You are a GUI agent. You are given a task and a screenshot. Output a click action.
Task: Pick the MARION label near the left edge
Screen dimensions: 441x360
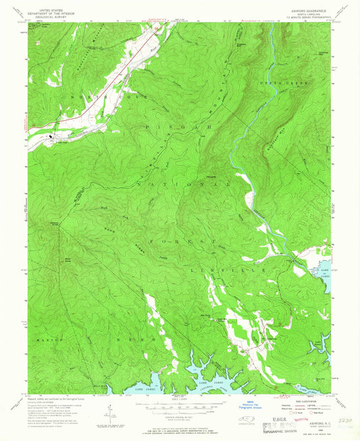point(49,340)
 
